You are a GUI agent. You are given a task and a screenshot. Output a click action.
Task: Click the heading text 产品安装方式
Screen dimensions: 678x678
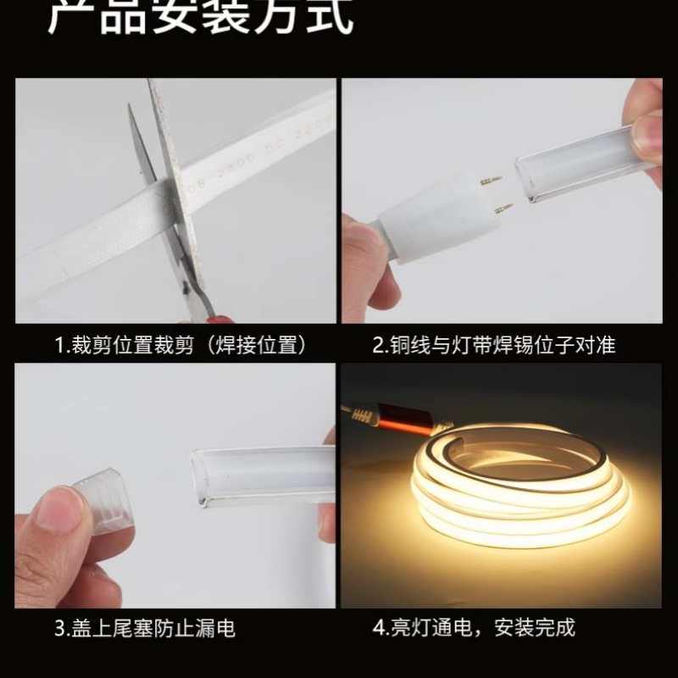(x=201, y=19)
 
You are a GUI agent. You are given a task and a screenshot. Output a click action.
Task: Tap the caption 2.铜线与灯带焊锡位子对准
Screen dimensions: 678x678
(x=494, y=345)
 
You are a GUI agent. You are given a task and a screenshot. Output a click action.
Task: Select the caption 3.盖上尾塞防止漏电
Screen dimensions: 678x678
(x=145, y=628)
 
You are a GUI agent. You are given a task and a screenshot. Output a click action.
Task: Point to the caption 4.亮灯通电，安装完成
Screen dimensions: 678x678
(x=475, y=628)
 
